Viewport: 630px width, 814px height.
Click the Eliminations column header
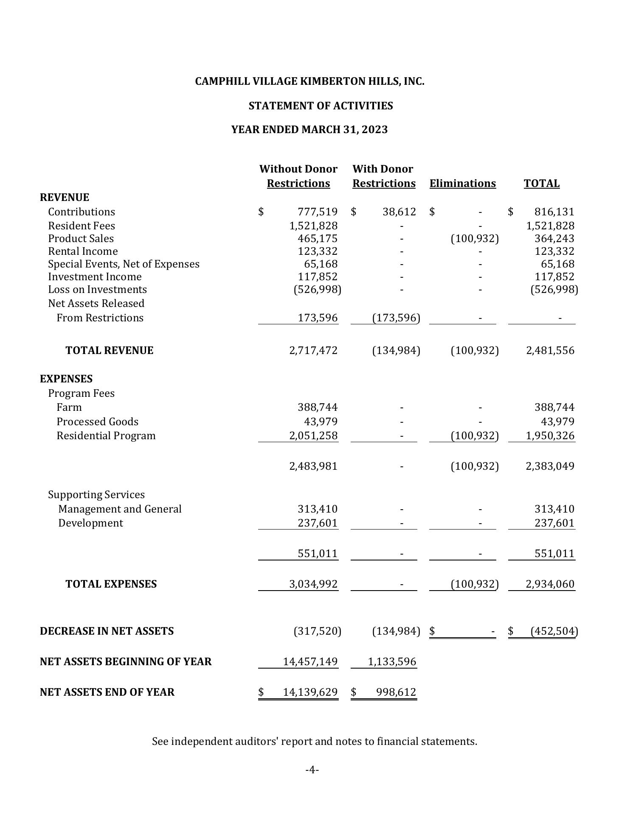(462, 183)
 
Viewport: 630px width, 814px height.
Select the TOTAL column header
(541, 183)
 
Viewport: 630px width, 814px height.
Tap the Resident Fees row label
(82, 226)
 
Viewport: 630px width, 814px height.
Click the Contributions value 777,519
(318, 212)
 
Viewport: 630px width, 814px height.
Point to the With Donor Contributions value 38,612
(399, 212)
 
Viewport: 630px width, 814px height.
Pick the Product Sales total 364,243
(554, 238)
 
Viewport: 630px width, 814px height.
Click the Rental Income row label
(83, 251)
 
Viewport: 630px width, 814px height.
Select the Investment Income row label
(95, 276)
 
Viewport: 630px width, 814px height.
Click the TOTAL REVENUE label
(110, 350)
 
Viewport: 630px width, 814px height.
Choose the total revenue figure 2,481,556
(550, 350)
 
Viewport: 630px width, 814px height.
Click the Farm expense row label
(69, 407)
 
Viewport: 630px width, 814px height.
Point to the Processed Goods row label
(97, 421)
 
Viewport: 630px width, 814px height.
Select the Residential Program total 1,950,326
(550, 435)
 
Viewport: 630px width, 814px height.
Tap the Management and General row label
(120, 509)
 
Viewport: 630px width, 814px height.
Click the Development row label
(90, 523)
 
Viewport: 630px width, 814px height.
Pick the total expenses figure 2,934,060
(550, 584)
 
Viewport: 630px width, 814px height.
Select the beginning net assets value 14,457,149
(310, 661)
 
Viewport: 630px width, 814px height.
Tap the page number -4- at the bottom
(312, 769)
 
